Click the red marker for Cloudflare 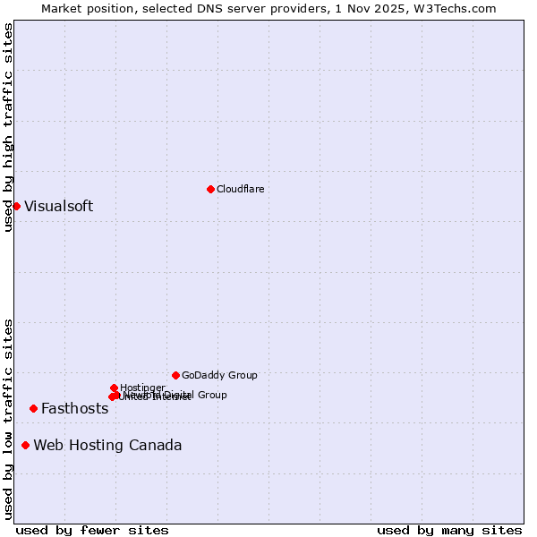(x=210, y=189)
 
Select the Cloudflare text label (x=241, y=189)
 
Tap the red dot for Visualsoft (x=16, y=206)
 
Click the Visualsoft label (x=58, y=206)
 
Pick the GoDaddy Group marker (x=175, y=375)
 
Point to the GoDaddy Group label (x=219, y=375)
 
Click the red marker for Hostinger (x=114, y=388)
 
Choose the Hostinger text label (x=142, y=388)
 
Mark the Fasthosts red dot (x=33, y=408)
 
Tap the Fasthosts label (x=74, y=408)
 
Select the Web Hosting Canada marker (x=25, y=445)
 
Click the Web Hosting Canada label (x=107, y=445)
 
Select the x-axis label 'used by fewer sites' (x=92, y=530)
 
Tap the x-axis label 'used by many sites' (x=449, y=530)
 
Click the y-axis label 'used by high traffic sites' (x=8, y=127)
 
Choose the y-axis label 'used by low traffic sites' (x=8, y=419)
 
